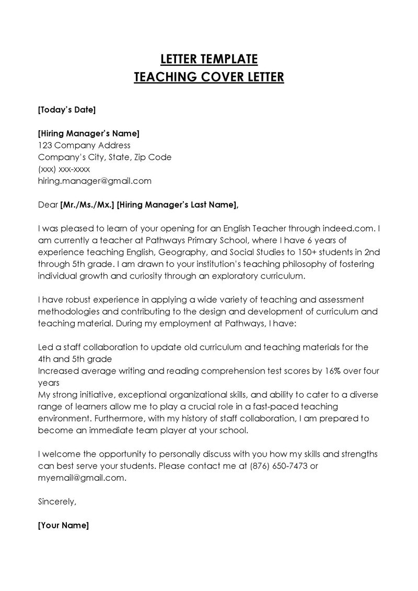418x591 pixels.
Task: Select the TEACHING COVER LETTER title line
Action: pyautogui.click(x=208, y=77)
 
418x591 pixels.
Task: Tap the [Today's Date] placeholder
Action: pyautogui.click(x=67, y=110)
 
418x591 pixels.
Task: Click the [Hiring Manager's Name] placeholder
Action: pyautogui.click(x=89, y=133)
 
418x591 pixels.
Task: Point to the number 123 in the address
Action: pyautogui.click(x=45, y=145)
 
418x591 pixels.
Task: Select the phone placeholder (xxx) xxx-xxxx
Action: pyautogui.click(x=64, y=169)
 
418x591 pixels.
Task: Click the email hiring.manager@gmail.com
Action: pyautogui.click(x=95, y=181)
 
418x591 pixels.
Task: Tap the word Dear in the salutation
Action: pyautogui.click(x=48, y=205)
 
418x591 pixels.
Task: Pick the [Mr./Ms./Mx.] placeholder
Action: pyautogui.click(x=87, y=205)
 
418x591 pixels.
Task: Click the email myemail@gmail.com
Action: pyautogui.click(x=82, y=478)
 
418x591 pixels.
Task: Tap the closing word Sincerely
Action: pyautogui.click(x=57, y=502)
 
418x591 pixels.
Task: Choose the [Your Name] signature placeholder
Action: pyautogui.click(x=64, y=525)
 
